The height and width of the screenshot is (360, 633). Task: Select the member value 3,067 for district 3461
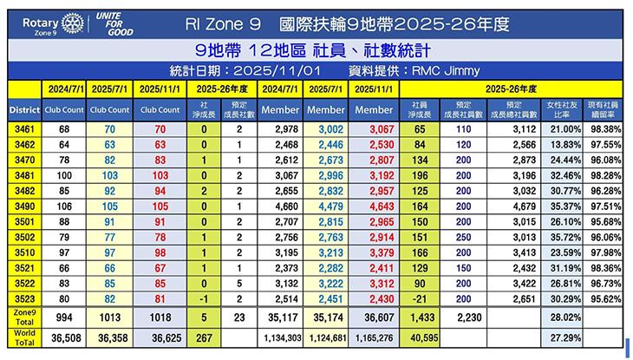375,128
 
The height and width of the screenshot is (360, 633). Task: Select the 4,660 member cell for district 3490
284,206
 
